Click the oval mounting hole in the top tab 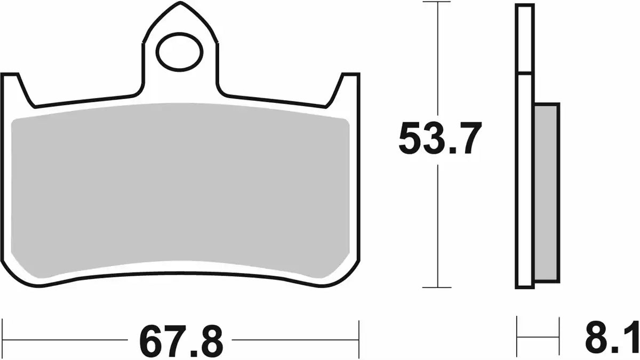click(180, 52)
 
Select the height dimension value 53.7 click(439, 138)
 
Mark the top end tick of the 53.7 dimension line click(438, 3)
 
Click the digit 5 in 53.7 click(412, 138)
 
